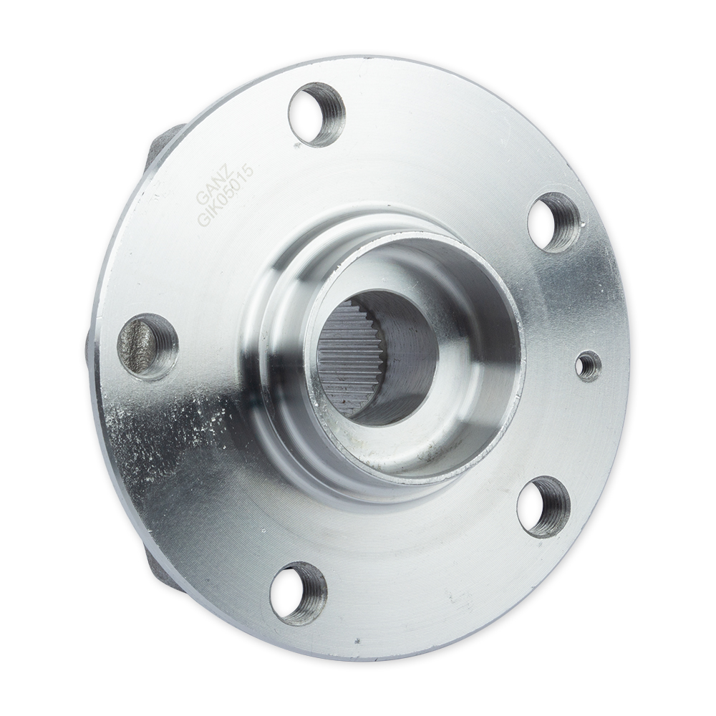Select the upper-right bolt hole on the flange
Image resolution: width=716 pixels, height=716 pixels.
556,221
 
